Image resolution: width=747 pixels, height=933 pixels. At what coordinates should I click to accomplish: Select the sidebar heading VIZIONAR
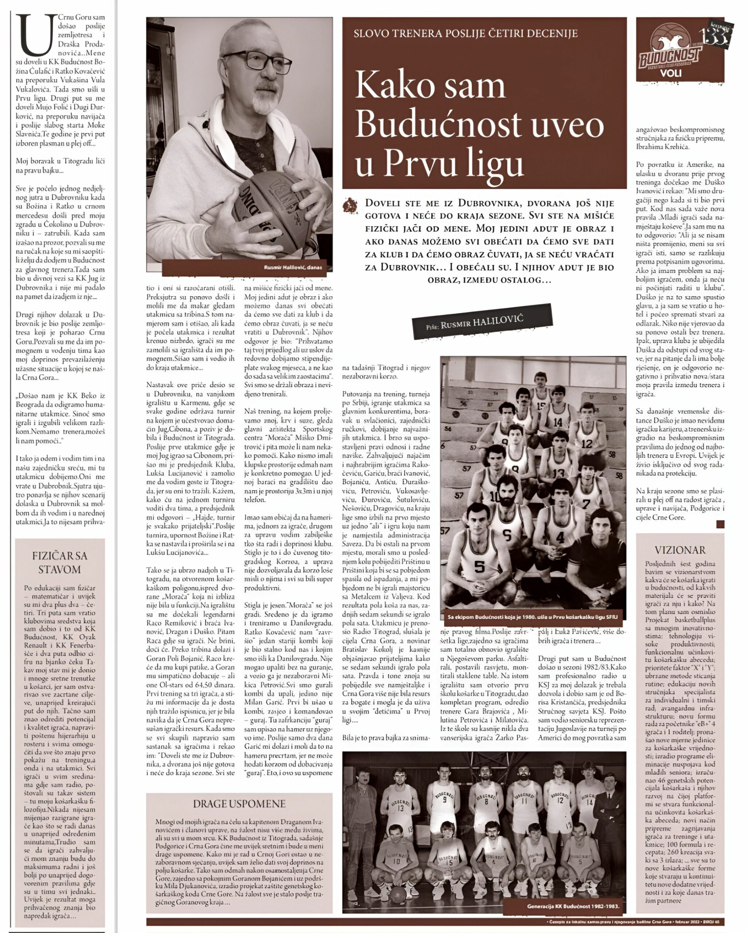pyautogui.click(x=680, y=550)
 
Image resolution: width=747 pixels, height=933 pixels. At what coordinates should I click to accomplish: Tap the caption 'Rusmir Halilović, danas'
pyautogui.click(x=293, y=268)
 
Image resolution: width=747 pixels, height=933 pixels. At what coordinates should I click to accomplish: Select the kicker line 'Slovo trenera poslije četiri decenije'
pyautogui.click(x=465, y=33)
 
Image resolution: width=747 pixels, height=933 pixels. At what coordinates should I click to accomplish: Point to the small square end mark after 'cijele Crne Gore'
pyautogui.click(x=720, y=524)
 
